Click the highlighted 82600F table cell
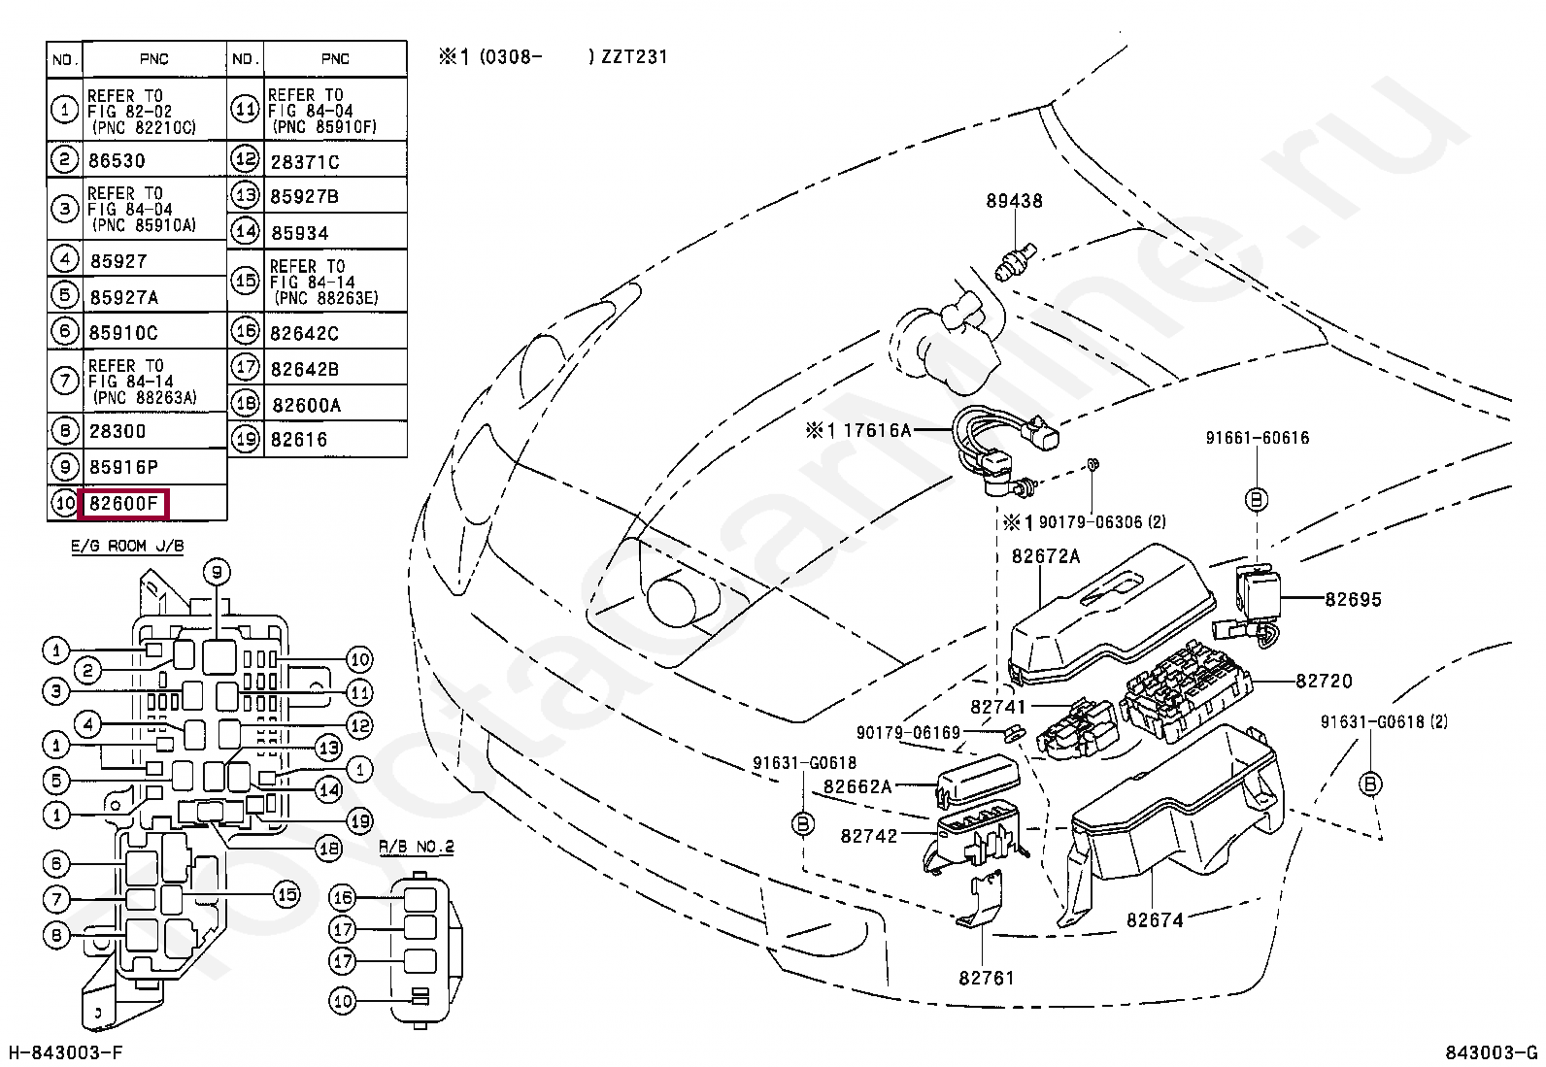[x=124, y=503]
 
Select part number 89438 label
[x=1014, y=201]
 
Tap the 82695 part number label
[x=1353, y=599]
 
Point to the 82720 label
[x=1324, y=682]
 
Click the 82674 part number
[x=1155, y=920]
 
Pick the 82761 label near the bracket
[x=987, y=978]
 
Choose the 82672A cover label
[x=1046, y=556]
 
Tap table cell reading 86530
[x=117, y=161]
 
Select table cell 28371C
[x=304, y=162]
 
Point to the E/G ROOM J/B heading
[x=127, y=546]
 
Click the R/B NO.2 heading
[x=417, y=847]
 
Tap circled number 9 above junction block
[x=217, y=572]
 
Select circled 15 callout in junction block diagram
[x=286, y=895]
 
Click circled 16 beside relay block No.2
[x=343, y=898]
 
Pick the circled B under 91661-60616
[x=1257, y=500]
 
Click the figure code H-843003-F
[x=66, y=1052]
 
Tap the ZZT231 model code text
[x=634, y=56]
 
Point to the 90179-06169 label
[x=908, y=732]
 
